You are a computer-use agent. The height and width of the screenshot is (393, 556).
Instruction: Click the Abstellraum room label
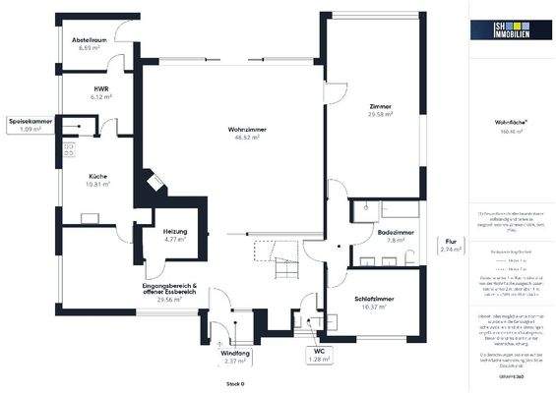pos(87,40)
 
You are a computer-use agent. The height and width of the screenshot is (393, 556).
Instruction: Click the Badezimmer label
pos(396,232)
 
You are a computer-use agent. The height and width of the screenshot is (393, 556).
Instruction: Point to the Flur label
pos(450,241)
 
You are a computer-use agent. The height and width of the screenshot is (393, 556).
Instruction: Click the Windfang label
pos(234,352)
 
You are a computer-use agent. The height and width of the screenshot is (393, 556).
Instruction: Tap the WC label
pos(319,352)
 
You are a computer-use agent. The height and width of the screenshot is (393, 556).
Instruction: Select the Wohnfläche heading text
pos(508,121)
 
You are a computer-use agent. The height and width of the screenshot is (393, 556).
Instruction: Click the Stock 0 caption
pos(234,383)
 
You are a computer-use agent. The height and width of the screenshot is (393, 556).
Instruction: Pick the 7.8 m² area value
pos(396,240)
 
